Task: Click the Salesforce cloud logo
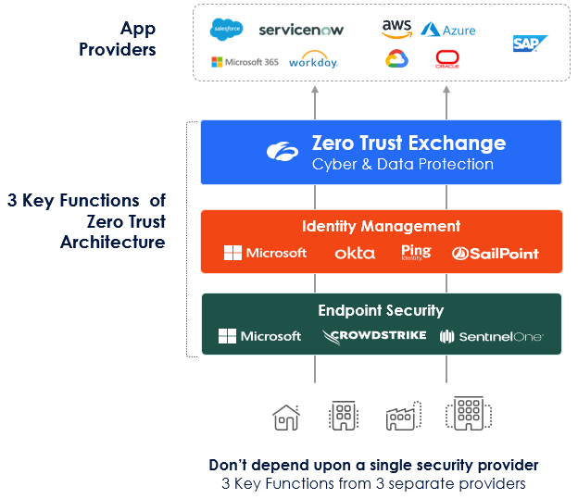coord(227,30)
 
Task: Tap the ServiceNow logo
coord(301,30)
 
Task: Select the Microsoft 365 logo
coord(245,62)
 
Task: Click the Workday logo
coord(313,61)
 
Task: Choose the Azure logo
coord(448,30)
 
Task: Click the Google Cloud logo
coord(397,60)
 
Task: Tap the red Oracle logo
coord(448,60)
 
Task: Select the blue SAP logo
coord(530,44)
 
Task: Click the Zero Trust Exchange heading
coord(408,143)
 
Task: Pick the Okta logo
coord(355,253)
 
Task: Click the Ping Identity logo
coord(417,252)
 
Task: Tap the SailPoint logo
coord(496,253)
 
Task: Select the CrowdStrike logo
coord(374,335)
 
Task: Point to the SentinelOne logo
coord(491,336)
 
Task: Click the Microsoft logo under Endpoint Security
coord(259,336)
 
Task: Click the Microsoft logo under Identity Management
coord(265,253)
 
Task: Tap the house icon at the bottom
coord(286,418)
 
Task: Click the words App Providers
coord(117,38)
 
